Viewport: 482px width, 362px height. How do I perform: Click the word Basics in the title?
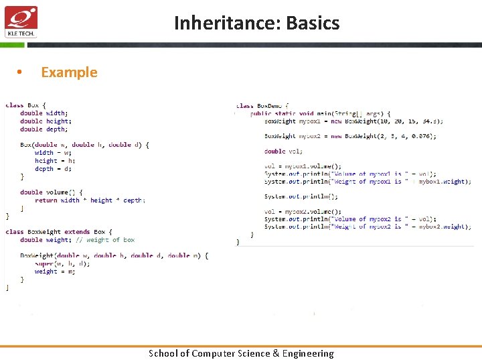tap(313, 23)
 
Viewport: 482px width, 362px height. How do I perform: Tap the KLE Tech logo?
tap(21, 21)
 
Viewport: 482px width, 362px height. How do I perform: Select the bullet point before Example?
tap(21, 73)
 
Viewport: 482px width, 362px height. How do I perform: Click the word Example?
tap(69, 72)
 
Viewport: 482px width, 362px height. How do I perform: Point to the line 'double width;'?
tap(44, 113)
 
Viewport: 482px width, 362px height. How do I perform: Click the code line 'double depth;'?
tap(44, 129)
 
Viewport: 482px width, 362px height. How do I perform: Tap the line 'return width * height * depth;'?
tap(90, 200)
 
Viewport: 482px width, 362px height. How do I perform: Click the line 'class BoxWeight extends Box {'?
tap(59, 232)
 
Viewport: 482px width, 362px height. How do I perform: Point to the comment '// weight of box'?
tap(105, 240)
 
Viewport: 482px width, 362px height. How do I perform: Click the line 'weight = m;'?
tap(55, 271)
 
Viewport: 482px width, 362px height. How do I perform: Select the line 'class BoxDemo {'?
tap(262, 105)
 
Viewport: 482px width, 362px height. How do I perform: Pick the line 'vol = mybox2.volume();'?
tap(303, 212)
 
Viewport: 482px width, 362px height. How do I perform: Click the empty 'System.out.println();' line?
tap(301, 196)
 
